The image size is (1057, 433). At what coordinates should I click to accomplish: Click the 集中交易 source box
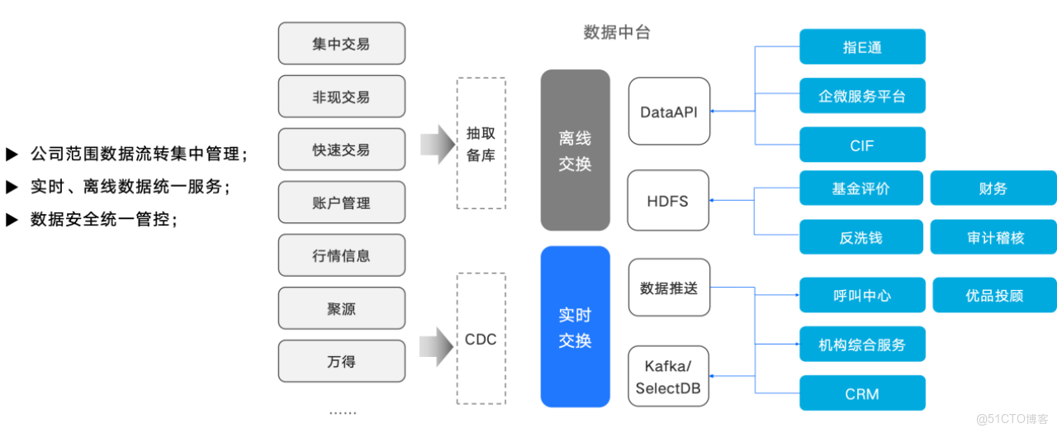coord(342,44)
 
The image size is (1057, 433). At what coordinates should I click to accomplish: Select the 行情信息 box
coord(342,255)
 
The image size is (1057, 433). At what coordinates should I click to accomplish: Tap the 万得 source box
coord(342,361)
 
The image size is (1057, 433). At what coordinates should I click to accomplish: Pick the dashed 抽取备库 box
coord(481,143)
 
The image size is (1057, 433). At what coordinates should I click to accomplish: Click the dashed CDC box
coord(481,339)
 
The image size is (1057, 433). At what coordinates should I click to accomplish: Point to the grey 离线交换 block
coord(575,150)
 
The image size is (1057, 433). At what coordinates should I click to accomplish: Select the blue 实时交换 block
coord(575,327)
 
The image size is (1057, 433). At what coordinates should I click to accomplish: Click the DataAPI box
coord(669,112)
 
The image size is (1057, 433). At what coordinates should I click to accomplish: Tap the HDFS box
coord(668,201)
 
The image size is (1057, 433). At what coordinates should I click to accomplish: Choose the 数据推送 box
coord(669,288)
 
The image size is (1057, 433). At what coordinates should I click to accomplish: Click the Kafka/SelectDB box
coord(669,376)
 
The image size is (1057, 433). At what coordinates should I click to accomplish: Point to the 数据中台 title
coord(617,33)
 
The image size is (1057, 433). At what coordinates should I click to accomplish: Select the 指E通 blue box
coord(862,47)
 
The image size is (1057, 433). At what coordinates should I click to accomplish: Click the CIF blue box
coord(862,145)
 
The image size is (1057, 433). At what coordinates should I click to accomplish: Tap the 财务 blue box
coord(993,188)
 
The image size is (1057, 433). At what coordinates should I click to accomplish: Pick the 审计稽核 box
coord(993,238)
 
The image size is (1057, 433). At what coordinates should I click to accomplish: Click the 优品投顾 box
coord(994,295)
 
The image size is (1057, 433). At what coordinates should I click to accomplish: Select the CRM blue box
coord(862,393)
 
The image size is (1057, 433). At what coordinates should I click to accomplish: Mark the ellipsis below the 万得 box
coord(342,412)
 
